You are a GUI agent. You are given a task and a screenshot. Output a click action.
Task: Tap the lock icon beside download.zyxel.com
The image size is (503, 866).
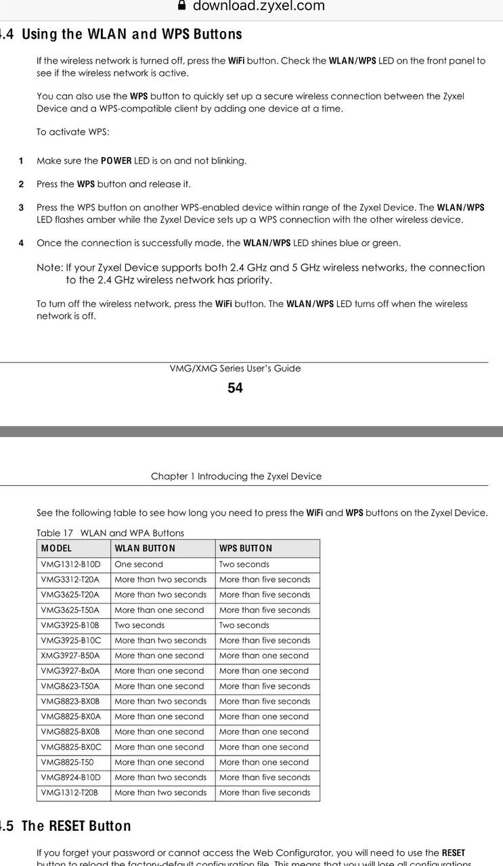[x=182, y=5]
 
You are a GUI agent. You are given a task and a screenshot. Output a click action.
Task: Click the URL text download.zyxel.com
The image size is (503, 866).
[x=259, y=6]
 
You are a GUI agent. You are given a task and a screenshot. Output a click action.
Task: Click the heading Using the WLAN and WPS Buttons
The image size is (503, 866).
[x=131, y=34]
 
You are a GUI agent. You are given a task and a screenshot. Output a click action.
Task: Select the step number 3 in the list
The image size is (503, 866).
[x=21, y=207]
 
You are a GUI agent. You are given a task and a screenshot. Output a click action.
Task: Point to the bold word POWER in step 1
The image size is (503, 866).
[x=116, y=161]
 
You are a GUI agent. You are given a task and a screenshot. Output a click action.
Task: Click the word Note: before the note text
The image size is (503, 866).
[x=49, y=268]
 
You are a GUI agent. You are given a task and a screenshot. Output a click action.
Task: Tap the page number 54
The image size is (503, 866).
[x=235, y=388]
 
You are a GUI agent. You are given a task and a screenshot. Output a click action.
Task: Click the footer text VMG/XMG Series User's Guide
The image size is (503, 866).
[x=235, y=369]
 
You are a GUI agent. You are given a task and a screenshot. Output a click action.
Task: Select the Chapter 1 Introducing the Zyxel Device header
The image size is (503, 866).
[x=236, y=476]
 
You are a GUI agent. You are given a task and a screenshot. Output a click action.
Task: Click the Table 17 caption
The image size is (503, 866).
[x=110, y=532]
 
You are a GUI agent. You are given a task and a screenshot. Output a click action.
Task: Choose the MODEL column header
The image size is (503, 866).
[x=56, y=548]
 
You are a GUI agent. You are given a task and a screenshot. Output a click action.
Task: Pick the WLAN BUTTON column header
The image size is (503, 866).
[x=145, y=548]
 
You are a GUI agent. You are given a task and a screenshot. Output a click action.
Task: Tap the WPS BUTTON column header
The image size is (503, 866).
[x=246, y=548]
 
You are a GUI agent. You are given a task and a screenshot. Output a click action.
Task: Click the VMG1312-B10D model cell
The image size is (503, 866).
[x=70, y=564]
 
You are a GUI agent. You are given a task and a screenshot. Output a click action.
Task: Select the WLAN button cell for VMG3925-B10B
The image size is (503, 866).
[x=139, y=625]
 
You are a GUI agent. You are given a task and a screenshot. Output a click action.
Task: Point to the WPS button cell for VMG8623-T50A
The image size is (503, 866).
[x=264, y=686]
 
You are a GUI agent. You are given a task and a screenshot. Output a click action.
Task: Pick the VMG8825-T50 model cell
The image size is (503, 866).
[x=67, y=762]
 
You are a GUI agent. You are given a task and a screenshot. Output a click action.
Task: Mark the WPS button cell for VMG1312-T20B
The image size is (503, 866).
[x=264, y=792]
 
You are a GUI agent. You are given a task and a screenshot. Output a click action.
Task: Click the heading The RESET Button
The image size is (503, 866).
[x=76, y=826]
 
